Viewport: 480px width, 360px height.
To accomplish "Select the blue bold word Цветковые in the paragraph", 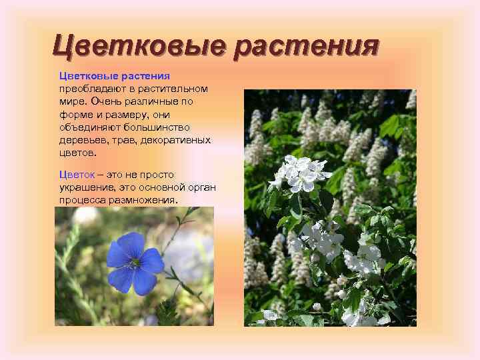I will tap(86, 77).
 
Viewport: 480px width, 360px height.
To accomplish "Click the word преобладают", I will tap(88, 88).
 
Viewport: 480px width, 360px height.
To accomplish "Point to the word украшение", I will tap(87, 187).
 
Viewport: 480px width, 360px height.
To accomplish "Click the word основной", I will tap(159, 187).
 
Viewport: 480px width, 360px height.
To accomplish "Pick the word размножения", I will tap(145, 200).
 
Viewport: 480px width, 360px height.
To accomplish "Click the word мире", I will tap(71, 102).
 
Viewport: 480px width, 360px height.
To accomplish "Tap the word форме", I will tap(75, 115).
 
